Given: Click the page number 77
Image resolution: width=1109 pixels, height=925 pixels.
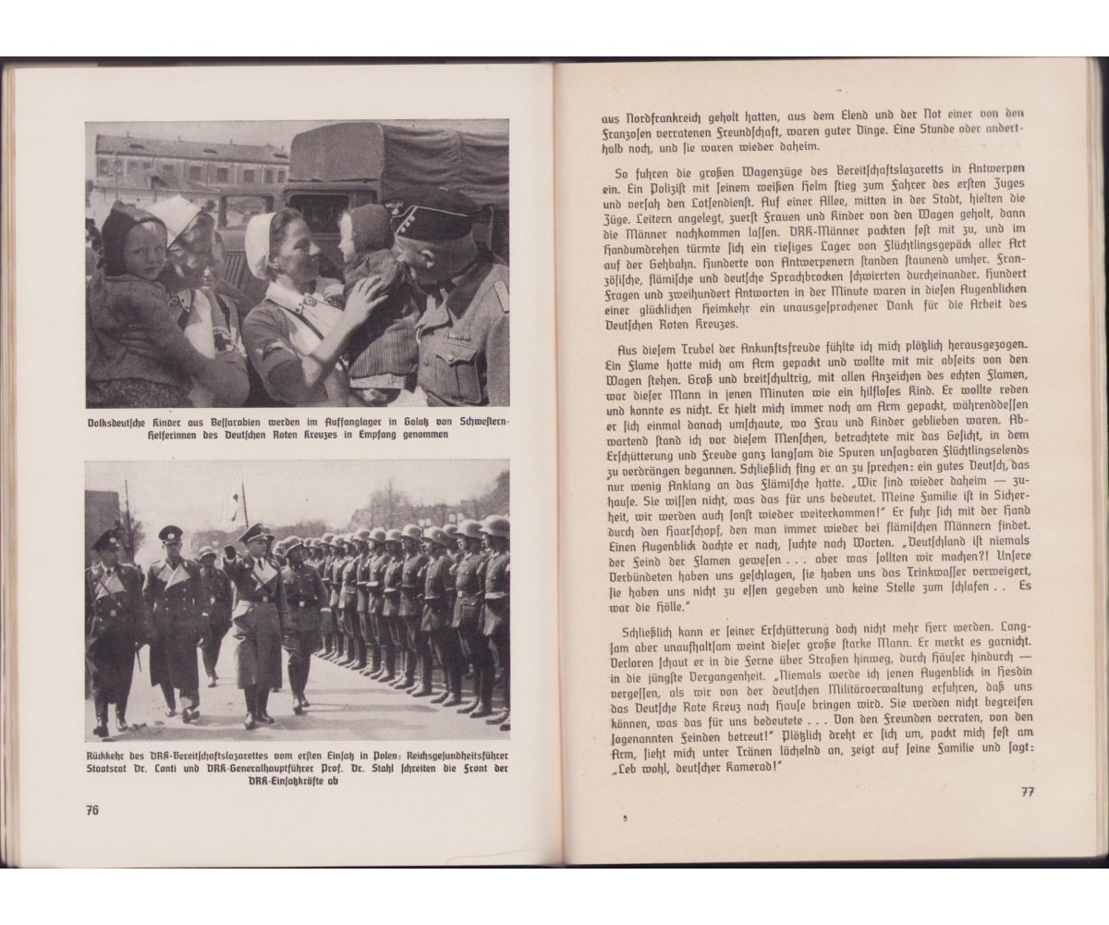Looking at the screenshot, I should click(1026, 791).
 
